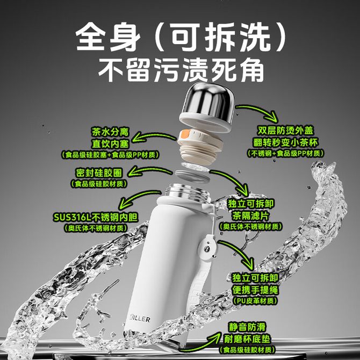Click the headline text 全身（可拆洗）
click(x=181, y=37)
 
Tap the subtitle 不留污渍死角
click(x=181, y=70)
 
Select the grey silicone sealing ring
click(x=192, y=176)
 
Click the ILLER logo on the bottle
click(x=140, y=319)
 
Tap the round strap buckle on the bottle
click(x=207, y=248)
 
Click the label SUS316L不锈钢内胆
click(x=96, y=218)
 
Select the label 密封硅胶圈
click(x=99, y=173)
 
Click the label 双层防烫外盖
click(x=285, y=131)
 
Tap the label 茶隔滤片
click(x=250, y=216)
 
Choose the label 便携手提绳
click(x=255, y=290)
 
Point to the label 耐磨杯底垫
click(x=247, y=339)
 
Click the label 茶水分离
click(x=110, y=132)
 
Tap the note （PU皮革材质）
click(x=255, y=301)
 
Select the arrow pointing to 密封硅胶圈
click(x=149, y=170)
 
